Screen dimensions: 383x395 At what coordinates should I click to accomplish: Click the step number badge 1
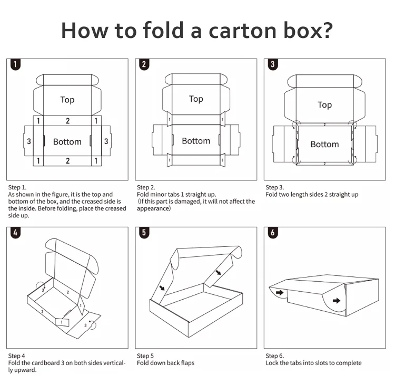16,65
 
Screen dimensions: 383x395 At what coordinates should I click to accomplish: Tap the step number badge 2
144,65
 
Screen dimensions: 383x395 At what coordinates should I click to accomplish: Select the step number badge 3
273,65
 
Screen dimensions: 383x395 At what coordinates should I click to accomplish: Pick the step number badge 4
16,233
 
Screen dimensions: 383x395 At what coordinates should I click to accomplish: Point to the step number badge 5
144,233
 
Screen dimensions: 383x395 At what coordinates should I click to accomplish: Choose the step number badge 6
273,233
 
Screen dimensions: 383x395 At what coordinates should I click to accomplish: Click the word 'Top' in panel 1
67,100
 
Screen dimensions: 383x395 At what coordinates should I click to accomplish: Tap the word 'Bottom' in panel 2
196,141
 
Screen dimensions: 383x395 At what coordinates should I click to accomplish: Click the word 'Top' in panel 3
324,105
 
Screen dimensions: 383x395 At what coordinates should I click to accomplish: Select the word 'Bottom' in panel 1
67,141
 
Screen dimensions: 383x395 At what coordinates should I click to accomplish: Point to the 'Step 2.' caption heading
146,187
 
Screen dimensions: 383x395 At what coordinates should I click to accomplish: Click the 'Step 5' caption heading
145,356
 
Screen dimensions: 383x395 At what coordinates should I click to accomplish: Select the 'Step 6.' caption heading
275,356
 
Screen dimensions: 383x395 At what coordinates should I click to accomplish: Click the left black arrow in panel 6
279,292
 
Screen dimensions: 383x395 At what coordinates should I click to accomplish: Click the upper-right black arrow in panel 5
219,273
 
